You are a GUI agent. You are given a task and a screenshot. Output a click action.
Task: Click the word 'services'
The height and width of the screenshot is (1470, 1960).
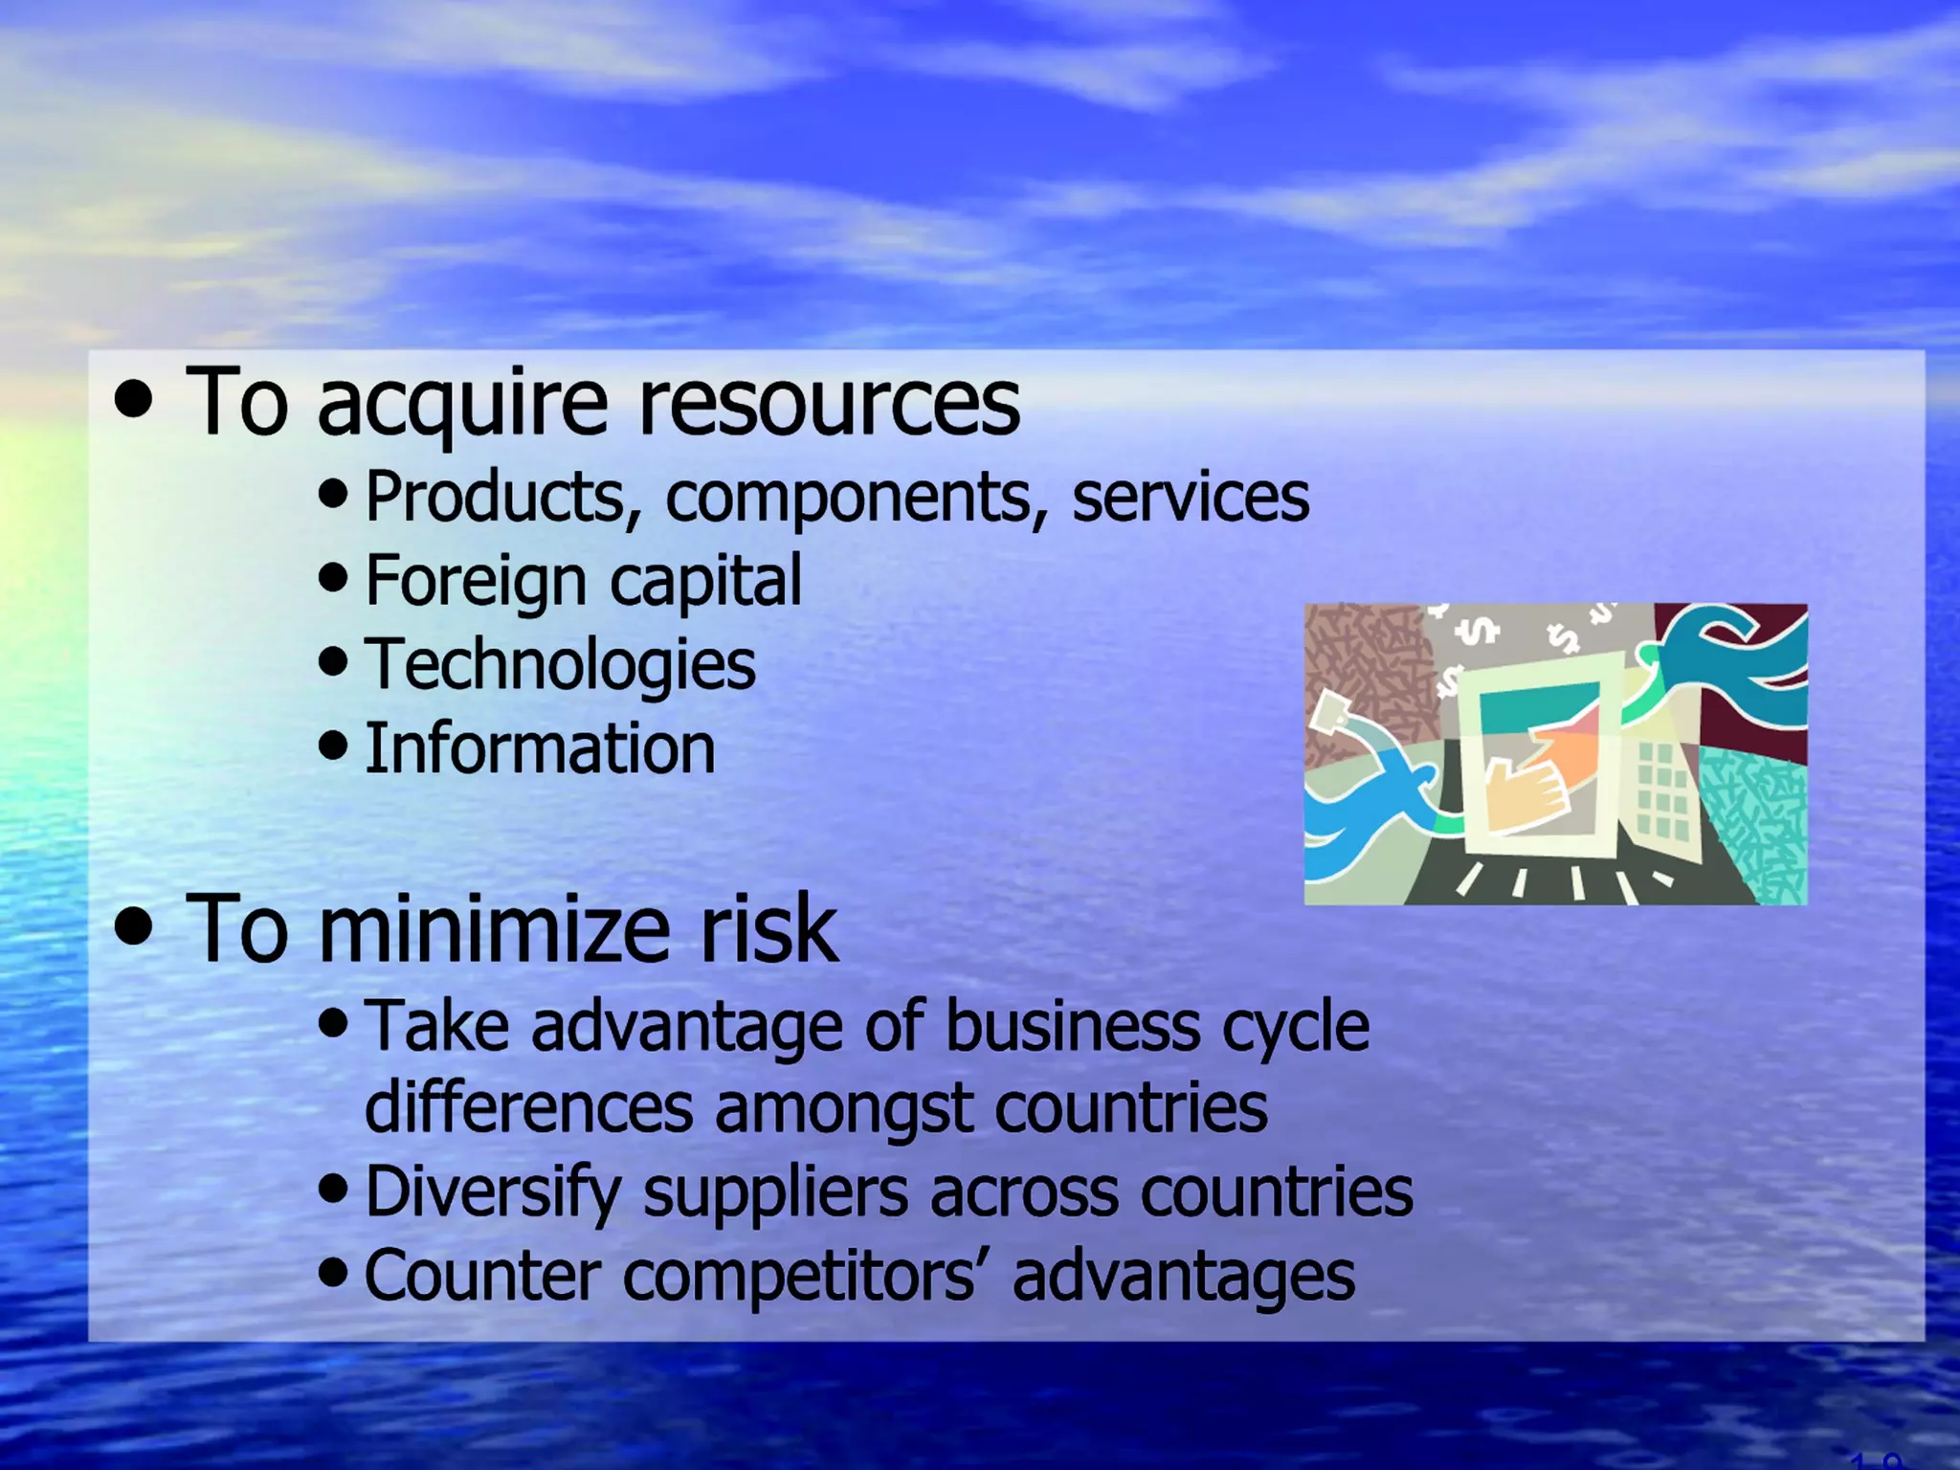(x=1190, y=499)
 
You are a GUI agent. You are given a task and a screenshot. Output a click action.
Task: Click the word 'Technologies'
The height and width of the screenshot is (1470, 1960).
(x=560, y=666)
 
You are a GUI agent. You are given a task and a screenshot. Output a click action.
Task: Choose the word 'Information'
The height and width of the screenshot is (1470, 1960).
(x=540, y=749)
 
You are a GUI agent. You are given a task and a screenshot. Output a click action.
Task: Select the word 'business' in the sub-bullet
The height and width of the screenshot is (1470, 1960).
(x=1072, y=1027)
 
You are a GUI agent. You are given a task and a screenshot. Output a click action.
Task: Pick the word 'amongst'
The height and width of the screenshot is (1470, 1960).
(x=843, y=1110)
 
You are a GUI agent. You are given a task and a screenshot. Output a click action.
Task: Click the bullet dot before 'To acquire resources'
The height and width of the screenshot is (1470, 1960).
(x=134, y=399)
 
